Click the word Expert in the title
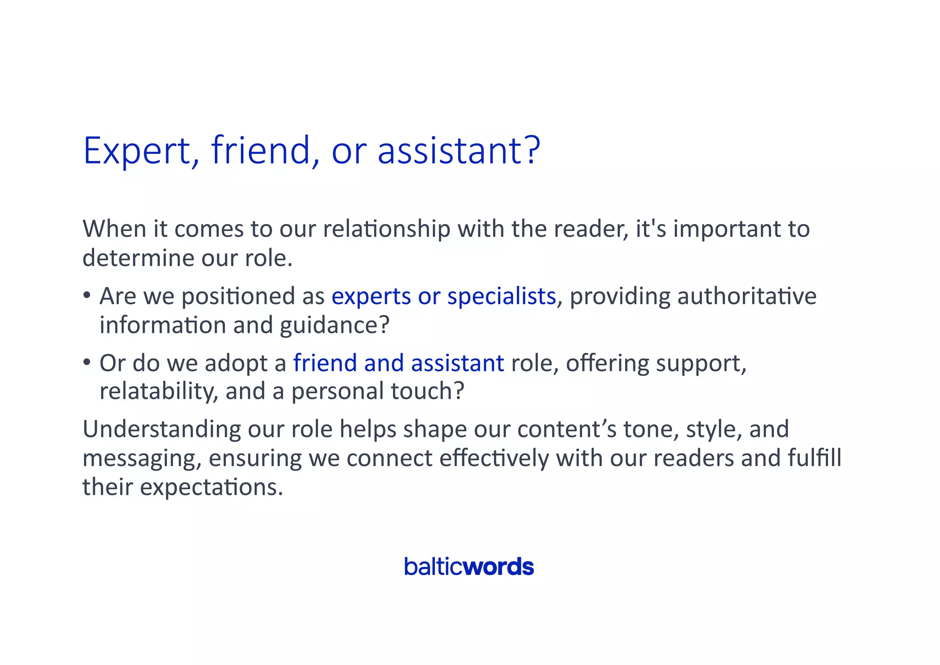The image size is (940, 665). pyautogui.click(x=137, y=151)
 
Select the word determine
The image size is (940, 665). pyautogui.click(x=138, y=258)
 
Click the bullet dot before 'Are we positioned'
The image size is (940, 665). pyautogui.click(x=87, y=295)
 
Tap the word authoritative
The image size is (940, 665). pyautogui.click(x=747, y=296)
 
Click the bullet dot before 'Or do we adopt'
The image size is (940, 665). pyautogui.click(x=87, y=362)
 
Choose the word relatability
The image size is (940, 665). pyautogui.click(x=156, y=391)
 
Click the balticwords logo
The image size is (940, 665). pyautogui.click(x=469, y=567)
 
